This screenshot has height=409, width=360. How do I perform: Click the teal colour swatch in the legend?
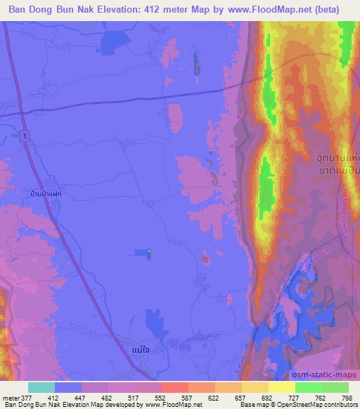[41, 388]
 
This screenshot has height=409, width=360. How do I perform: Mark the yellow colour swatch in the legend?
[281, 388]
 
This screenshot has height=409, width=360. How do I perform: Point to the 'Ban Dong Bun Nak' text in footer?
[29, 405]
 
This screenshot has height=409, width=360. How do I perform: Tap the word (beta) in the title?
[339, 10]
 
